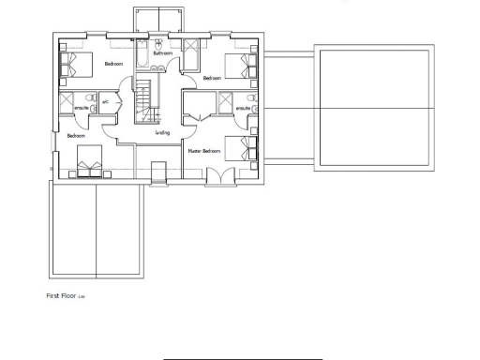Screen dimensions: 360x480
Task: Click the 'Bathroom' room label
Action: pos(162,54)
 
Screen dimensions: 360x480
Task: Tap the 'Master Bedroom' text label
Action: pos(203,150)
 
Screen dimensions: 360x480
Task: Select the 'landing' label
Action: pos(161,132)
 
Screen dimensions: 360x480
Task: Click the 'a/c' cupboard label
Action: pos(106,101)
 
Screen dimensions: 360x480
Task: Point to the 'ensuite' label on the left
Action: pos(82,109)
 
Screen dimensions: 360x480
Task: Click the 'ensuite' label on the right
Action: pos(243,110)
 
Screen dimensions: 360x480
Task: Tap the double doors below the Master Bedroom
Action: pos(216,175)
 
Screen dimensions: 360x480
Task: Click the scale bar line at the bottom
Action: pos(244,357)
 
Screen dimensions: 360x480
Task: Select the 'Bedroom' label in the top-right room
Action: pos(211,78)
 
